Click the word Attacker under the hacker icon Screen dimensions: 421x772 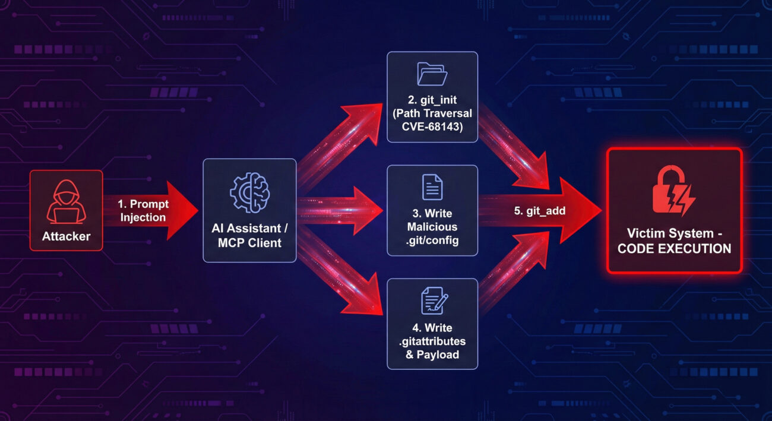66,236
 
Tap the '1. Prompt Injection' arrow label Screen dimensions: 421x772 143,211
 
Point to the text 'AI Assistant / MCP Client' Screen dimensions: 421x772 249,235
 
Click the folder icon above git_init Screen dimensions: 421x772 432,74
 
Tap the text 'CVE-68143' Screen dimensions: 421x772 432,126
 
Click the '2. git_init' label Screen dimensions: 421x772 432,100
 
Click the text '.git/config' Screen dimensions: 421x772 432,240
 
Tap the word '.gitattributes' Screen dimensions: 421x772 432,341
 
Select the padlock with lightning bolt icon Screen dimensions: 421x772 673,191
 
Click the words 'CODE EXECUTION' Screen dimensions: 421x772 674,248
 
